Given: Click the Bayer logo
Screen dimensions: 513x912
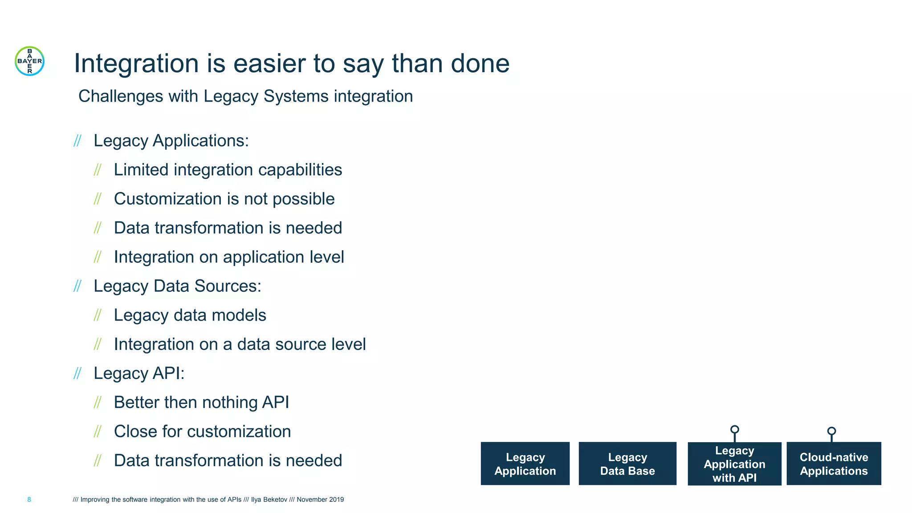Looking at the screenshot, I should coord(29,61).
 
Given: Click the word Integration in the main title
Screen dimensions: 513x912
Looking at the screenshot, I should coord(136,63).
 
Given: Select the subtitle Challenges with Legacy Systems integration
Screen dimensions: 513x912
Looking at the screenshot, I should coord(245,96).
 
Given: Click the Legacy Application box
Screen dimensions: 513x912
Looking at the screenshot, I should coord(525,464).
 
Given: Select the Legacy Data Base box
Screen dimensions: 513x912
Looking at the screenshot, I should coord(627,464).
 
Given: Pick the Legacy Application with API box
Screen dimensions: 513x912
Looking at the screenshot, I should coord(734,464).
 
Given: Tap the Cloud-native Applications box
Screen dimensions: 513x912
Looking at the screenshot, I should coord(834,464).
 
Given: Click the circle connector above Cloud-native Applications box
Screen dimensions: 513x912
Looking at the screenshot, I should coord(831,431).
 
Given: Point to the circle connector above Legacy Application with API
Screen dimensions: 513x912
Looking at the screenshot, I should coord(735,430).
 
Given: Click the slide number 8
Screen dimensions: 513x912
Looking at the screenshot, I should coord(29,500).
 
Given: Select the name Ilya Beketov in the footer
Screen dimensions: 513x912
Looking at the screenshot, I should coord(269,500).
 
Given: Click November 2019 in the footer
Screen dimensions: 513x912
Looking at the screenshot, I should coord(320,500).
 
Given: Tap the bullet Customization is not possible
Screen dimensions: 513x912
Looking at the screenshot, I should coord(224,199).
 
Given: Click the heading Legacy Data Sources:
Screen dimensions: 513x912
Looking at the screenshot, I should coord(177,286).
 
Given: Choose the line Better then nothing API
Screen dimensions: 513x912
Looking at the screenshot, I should coord(201,402).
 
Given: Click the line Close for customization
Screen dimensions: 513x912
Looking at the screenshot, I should coord(202,431).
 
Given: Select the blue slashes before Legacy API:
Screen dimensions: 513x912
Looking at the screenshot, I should coord(77,373).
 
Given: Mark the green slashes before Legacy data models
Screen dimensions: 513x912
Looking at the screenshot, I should coord(98,315).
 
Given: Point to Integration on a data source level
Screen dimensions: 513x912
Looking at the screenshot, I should coord(240,344).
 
